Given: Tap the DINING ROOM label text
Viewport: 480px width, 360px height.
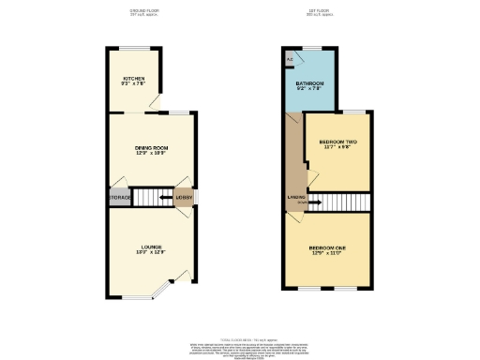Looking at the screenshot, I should pos(150,147).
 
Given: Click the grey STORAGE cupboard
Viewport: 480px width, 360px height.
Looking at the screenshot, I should pos(118,198).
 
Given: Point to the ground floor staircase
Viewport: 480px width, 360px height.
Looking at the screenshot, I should pos(150,197).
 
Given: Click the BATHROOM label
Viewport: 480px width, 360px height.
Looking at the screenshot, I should pos(310,83).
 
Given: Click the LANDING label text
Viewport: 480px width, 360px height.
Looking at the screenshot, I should pos(293,197).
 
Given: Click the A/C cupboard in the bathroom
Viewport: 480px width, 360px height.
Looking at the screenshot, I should pos(289,60).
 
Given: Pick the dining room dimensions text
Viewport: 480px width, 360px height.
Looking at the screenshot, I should pos(150,153).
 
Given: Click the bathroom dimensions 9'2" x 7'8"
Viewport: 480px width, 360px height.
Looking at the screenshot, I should pos(310,89).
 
